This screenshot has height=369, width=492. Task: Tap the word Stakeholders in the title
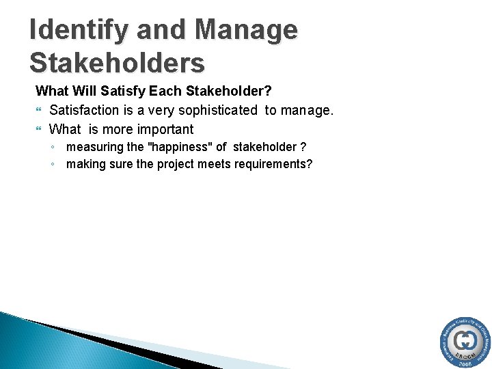(117, 62)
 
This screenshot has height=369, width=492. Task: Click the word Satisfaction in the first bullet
(85, 110)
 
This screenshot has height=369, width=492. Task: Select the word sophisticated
(216, 110)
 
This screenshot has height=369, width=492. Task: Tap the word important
(165, 129)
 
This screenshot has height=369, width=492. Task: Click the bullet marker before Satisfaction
(39, 110)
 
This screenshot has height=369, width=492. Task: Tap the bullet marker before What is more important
(39, 129)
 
